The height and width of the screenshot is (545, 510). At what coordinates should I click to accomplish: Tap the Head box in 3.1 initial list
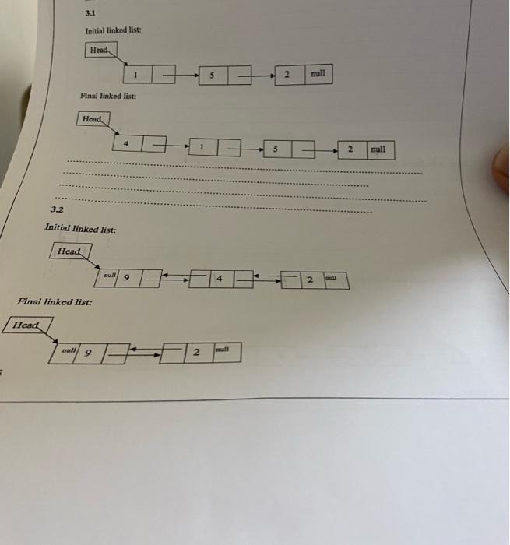click(x=101, y=50)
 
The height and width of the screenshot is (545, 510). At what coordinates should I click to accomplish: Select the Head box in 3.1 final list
click(x=93, y=119)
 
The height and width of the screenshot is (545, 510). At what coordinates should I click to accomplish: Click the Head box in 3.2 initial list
click(x=69, y=251)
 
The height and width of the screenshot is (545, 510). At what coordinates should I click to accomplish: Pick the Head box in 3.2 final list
click(x=27, y=325)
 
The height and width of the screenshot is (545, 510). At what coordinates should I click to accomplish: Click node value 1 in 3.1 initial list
click(x=135, y=76)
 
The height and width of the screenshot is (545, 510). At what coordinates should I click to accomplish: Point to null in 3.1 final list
click(x=378, y=148)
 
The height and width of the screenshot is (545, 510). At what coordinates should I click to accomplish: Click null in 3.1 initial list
click(x=317, y=74)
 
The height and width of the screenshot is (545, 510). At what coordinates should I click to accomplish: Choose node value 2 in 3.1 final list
click(x=351, y=148)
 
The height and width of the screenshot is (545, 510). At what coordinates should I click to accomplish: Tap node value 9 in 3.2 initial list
click(x=127, y=276)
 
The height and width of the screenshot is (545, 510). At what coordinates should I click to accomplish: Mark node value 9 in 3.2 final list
click(x=88, y=353)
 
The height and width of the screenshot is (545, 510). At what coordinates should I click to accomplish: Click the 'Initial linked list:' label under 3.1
click(x=113, y=30)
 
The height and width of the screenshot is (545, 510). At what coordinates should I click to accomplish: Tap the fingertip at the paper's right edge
click(x=502, y=167)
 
